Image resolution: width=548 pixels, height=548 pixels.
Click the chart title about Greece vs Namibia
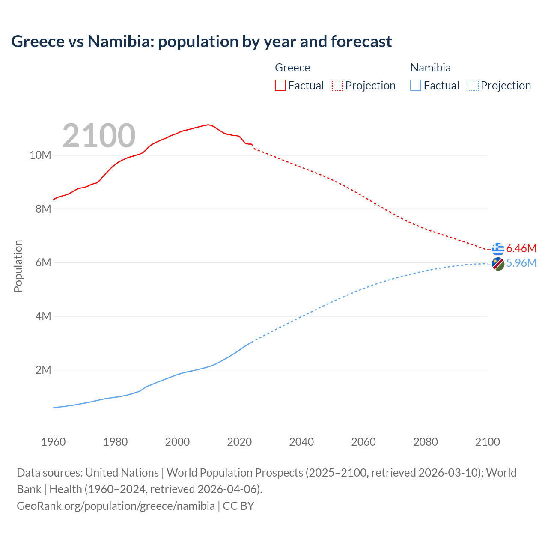(201, 42)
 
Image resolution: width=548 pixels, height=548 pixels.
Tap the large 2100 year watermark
(99, 136)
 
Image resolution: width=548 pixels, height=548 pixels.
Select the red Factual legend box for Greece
(280, 85)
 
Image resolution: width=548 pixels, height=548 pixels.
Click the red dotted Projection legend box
(337, 85)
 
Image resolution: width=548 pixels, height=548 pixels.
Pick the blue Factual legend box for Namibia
(415, 85)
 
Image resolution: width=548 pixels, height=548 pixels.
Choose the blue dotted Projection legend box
(473, 85)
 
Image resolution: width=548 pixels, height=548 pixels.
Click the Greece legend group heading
(292, 68)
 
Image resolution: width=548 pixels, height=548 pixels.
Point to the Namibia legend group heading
(430, 68)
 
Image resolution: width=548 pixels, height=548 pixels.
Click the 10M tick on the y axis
(40, 155)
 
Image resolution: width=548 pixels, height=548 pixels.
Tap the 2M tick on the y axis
(43, 370)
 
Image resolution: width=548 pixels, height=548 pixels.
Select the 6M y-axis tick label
(43, 262)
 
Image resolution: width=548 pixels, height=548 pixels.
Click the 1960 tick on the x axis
(54, 442)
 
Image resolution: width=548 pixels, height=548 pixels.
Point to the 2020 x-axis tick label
(239, 442)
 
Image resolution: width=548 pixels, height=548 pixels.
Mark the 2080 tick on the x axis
(426, 442)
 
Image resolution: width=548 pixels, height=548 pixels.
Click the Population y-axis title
(18, 266)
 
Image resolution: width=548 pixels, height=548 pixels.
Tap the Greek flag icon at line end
(498, 249)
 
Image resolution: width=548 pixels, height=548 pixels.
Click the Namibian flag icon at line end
(498, 264)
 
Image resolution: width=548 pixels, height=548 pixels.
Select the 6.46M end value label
(521, 248)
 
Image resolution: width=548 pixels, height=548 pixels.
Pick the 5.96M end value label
(521, 263)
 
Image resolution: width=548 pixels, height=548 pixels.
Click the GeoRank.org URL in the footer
(116, 506)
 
